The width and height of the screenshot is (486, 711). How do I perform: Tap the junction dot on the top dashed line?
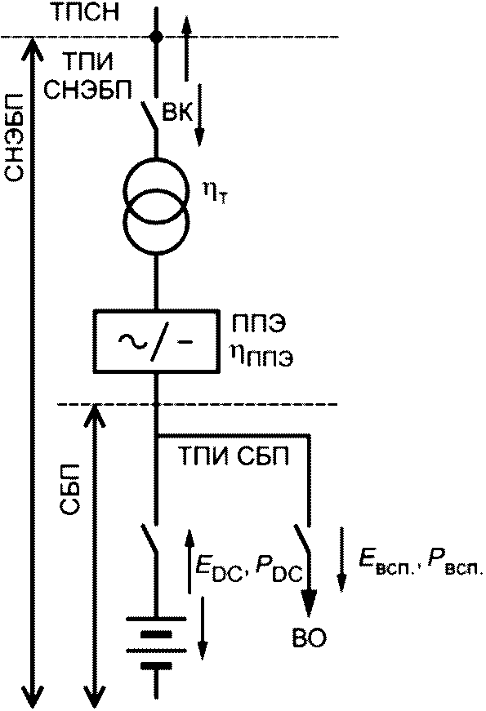click(x=157, y=36)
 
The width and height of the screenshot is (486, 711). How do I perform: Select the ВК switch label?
click(x=178, y=112)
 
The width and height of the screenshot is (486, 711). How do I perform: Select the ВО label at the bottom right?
click(x=309, y=639)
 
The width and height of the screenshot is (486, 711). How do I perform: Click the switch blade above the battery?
click(x=149, y=540)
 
